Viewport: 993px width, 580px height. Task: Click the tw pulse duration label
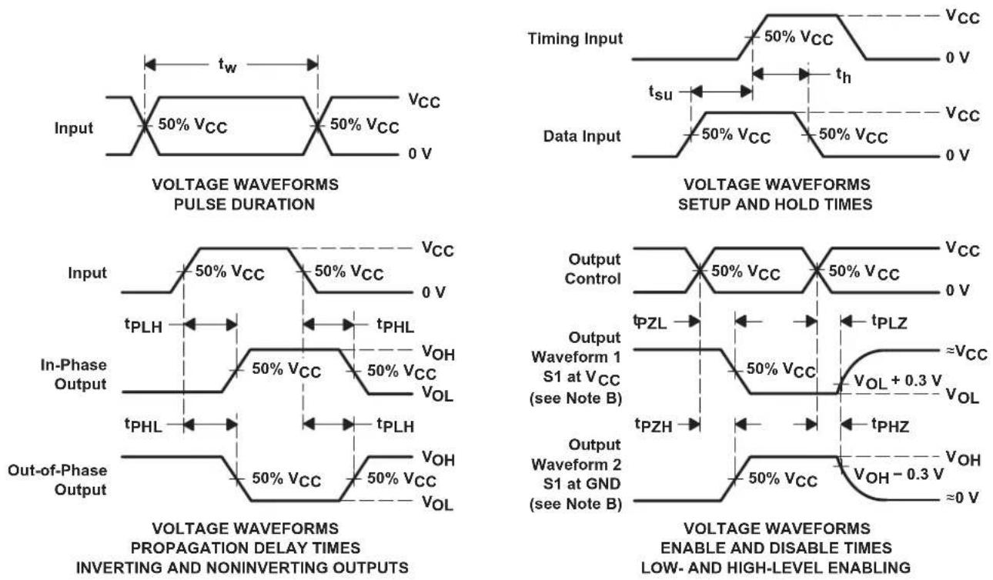(227, 65)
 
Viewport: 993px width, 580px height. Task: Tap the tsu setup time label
(660, 92)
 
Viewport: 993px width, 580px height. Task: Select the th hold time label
(844, 75)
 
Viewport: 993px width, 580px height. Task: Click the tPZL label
(650, 322)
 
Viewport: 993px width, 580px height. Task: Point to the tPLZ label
(889, 322)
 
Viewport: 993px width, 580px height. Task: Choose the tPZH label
(654, 425)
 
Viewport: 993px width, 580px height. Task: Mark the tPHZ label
(890, 425)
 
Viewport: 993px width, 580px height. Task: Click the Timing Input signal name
(575, 38)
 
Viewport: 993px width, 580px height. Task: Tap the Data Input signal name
(582, 136)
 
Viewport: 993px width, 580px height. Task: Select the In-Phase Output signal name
(74, 375)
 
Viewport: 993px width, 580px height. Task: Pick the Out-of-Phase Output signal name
(58, 480)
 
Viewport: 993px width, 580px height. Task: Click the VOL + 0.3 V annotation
(898, 382)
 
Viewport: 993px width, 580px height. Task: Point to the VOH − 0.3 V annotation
(898, 475)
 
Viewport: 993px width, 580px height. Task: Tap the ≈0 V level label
(962, 498)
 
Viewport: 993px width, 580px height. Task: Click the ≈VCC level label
(966, 353)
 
